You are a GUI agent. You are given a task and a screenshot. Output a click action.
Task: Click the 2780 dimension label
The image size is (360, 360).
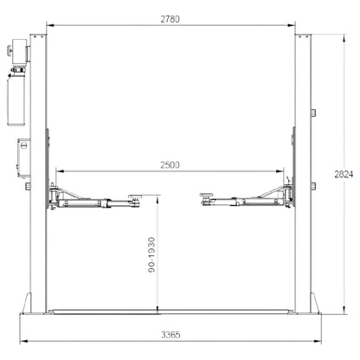point(170,19)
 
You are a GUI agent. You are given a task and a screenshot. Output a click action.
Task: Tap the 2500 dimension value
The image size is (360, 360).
point(170,165)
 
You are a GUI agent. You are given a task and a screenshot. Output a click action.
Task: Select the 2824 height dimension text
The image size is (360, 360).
point(344,174)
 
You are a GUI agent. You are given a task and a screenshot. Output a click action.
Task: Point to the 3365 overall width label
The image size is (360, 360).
point(170,335)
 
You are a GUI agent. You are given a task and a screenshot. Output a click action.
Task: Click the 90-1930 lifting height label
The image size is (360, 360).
point(151,255)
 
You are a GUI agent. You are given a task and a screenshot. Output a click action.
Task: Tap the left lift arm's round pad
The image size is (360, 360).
point(136,196)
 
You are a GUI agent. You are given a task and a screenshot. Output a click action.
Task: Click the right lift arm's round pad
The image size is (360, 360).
point(207,195)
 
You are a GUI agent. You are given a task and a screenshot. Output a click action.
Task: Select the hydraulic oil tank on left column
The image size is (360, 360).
point(16,100)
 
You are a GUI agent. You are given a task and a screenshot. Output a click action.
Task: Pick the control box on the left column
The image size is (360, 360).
point(23,157)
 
